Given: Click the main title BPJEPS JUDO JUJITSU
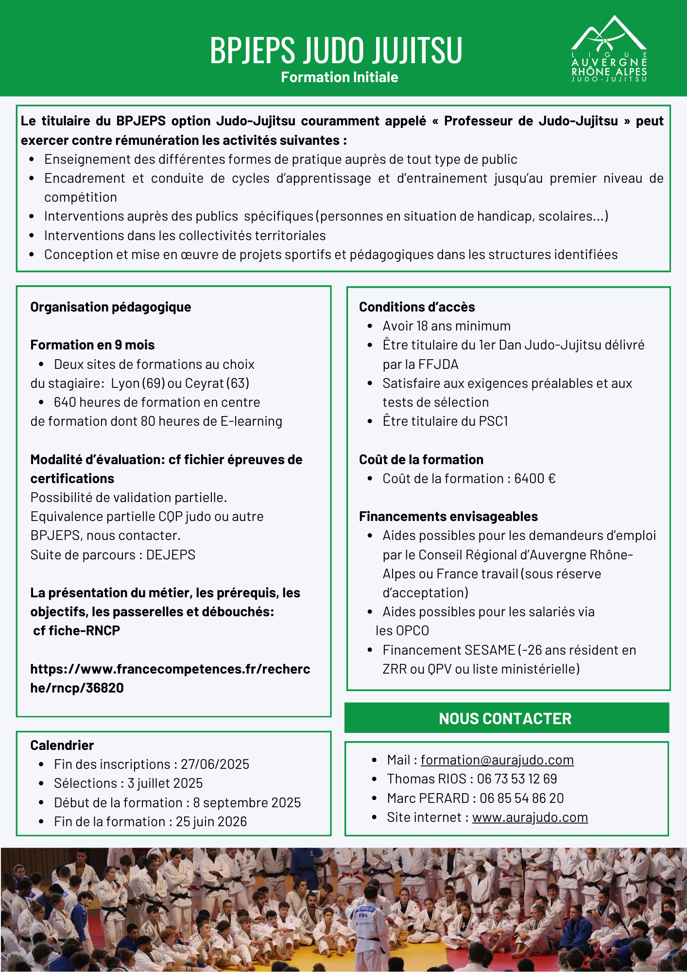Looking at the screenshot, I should tap(336, 50).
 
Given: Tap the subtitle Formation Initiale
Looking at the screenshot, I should tap(339, 77).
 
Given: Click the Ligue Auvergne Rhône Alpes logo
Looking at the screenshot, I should tap(609, 50).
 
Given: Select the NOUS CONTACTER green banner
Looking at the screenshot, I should tap(506, 718).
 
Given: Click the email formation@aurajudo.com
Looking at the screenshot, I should tap(497, 760).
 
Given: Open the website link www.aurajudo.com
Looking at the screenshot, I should tap(530, 817).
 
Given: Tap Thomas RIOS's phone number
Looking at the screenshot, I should tap(516, 779).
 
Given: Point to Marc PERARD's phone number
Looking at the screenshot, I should tap(521, 798).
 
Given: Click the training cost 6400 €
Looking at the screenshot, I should tap(534, 479).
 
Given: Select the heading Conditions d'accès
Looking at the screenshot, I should tap(417, 307).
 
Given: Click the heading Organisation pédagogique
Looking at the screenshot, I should tap(111, 307).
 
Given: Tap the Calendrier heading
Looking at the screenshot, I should tap(62, 746).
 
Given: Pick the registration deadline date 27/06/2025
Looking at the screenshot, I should tap(215, 764).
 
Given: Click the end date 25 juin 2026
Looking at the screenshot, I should tap(211, 822).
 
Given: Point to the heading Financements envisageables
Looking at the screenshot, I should tap(448, 517).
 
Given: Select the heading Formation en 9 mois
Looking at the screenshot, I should tap(92, 345).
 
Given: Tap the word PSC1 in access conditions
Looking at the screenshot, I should tap(493, 421).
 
